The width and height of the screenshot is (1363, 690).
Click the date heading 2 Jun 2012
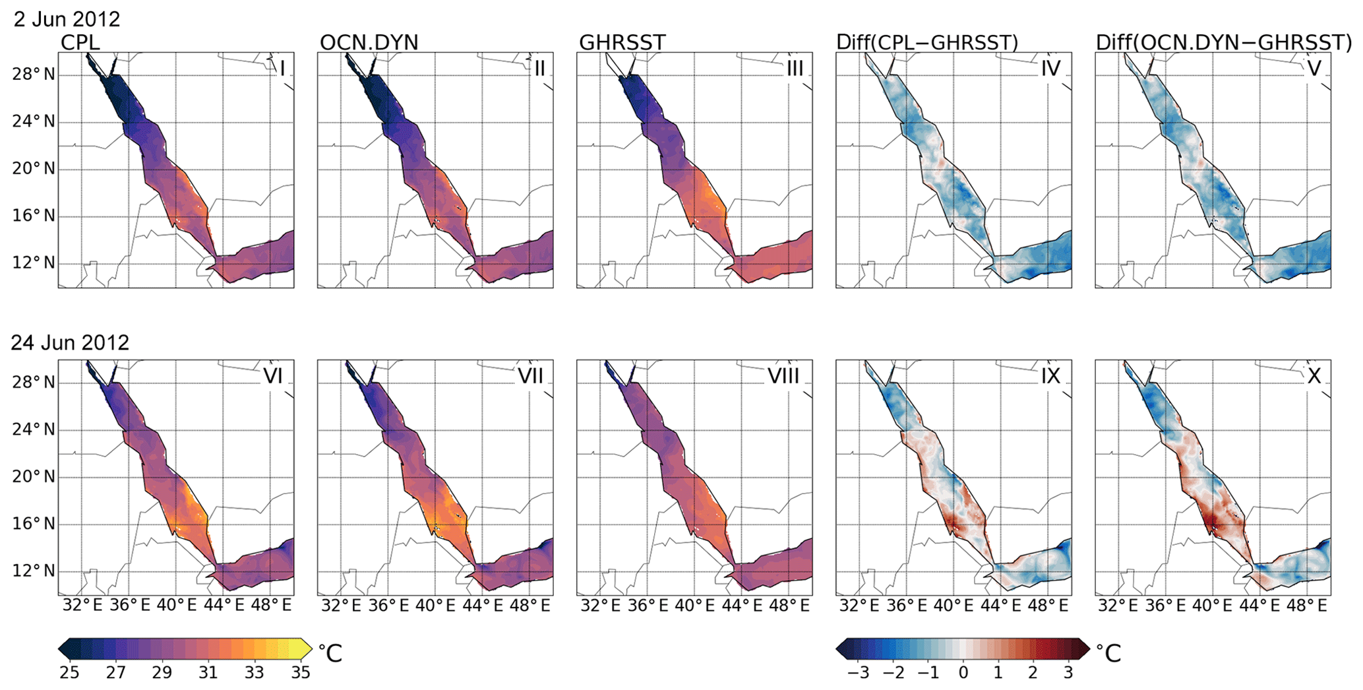pyautogui.click(x=67, y=19)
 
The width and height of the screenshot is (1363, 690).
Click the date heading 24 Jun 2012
pyautogui.click(x=70, y=342)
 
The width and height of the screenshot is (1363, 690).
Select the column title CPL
pyautogui.click(x=80, y=43)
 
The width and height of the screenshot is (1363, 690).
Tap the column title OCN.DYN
pyautogui.click(x=369, y=43)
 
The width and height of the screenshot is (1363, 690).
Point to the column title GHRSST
pyautogui.click(x=622, y=43)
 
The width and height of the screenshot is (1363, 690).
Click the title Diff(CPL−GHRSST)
pyautogui.click(x=927, y=43)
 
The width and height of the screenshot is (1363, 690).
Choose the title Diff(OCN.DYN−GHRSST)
pyautogui.click(x=1224, y=43)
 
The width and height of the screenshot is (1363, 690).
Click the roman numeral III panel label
pyautogui.click(x=795, y=68)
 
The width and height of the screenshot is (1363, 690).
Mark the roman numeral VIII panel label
pyautogui.click(x=783, y=376)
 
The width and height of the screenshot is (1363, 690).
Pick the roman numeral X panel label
pyautogui.click(x=1314, y=376)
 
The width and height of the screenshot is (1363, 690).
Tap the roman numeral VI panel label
pyautogui.click(x=273, y=376)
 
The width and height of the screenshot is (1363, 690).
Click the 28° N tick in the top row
pyautogui.click(x=33, y=75)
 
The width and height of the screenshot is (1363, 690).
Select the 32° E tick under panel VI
pyautogui.click(x=82, y=605)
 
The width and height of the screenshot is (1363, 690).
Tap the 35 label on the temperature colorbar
pyautogui.click(x=301, y=672)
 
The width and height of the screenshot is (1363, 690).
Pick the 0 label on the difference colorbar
pyautogui.click(x=963, y=672)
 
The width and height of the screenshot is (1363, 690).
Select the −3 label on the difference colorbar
pyautogui.click(x=858, y=672)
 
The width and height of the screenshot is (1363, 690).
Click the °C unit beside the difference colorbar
pyautogui.click(x=1108, y=653)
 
